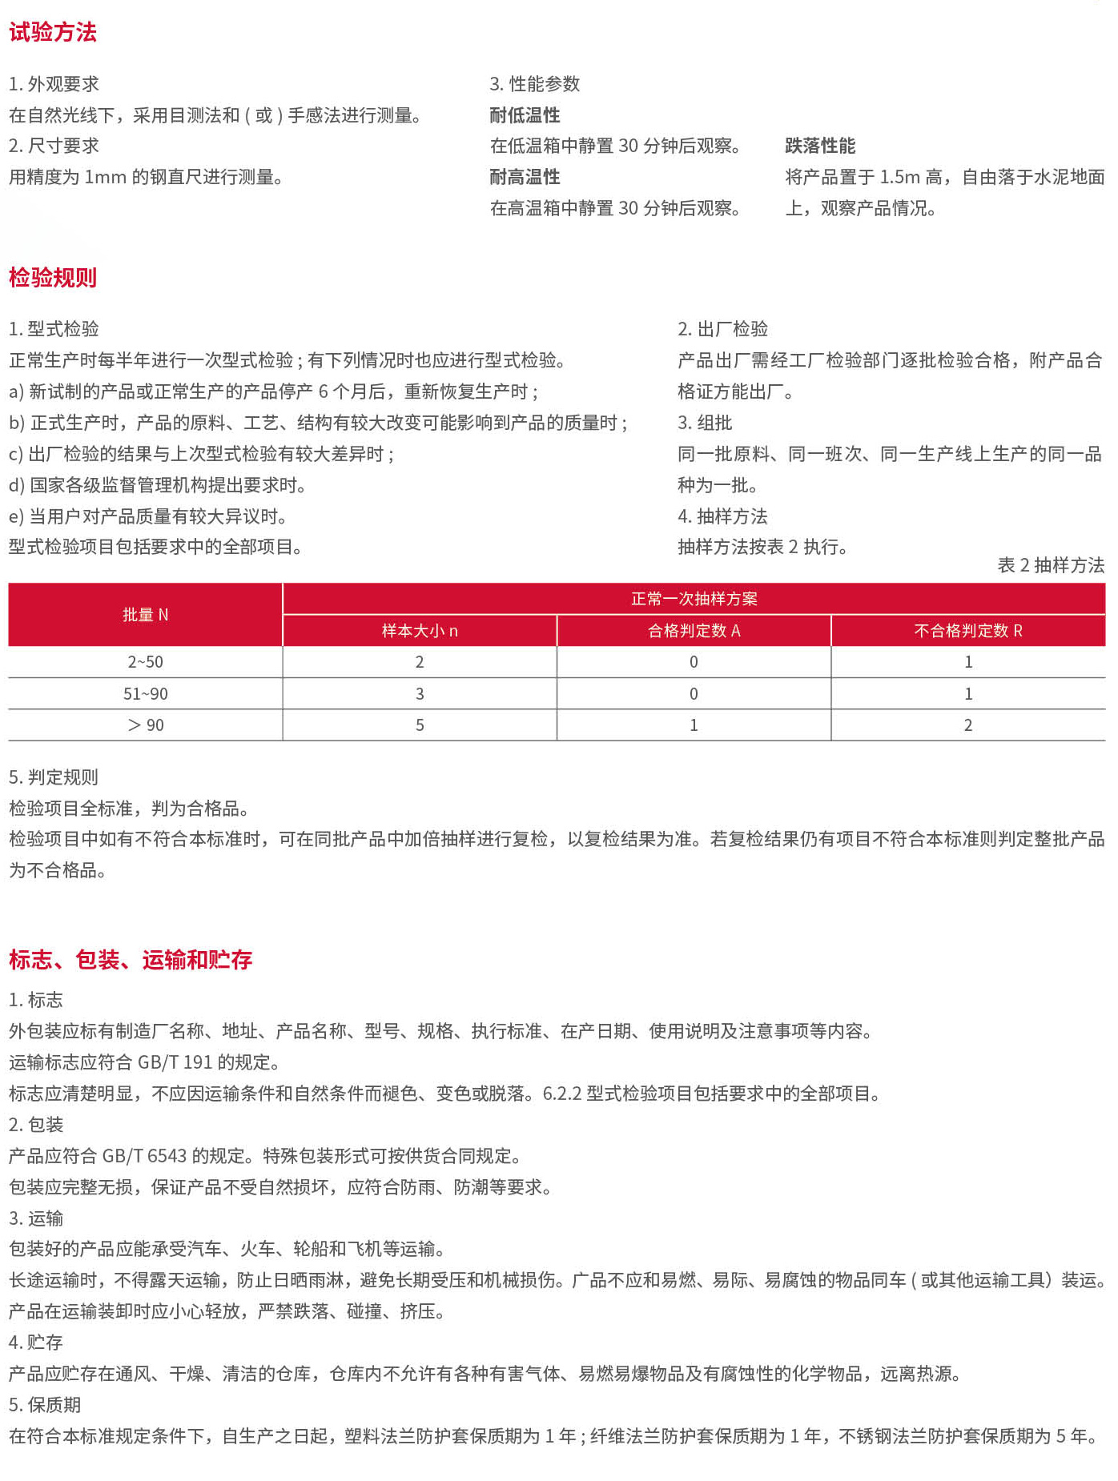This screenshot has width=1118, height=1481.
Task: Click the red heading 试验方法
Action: click(53, 33)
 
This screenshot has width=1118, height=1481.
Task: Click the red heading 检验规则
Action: click(53, 278)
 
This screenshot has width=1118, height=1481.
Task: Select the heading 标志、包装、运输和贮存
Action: click(131, 959)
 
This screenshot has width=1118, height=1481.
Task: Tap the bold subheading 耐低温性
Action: click(525, 115)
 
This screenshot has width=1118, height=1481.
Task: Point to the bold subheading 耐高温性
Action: click(525, 177)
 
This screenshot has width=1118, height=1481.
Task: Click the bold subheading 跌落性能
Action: click(820, 146)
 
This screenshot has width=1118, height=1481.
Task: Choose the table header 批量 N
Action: click(145, 615)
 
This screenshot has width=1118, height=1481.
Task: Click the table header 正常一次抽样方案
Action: click(694, 599)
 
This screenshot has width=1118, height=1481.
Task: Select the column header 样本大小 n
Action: click(420, 631)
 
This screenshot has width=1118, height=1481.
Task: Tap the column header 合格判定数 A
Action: click(694, 631)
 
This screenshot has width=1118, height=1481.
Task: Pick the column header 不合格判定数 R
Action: click(967, 631)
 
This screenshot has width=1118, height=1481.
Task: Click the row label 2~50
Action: click(145, 662)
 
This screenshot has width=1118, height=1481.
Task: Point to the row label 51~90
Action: click(145, 694)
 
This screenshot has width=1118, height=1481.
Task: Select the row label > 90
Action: click(145, 725)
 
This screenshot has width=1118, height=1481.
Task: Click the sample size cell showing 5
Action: click(420, 725)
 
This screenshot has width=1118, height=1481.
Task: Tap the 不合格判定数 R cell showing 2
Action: click(967, 725)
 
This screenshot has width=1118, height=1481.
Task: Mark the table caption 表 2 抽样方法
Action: click(1050, 565)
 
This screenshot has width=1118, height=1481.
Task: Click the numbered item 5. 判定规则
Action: click(54, 777)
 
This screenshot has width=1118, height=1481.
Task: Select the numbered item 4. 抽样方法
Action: click(722, 516)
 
